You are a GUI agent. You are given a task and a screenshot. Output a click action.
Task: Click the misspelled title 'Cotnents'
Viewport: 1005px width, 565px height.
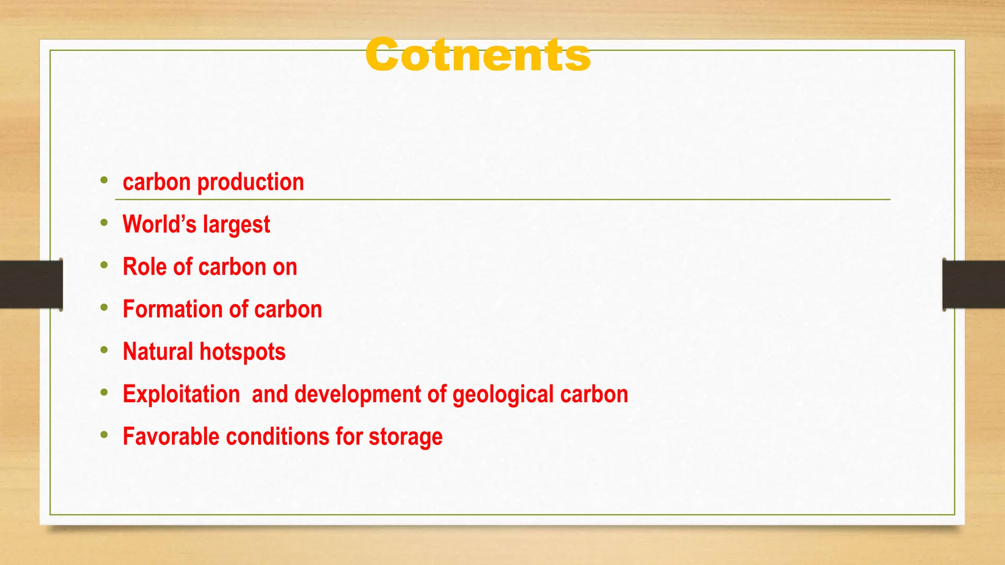[x=478, y=55]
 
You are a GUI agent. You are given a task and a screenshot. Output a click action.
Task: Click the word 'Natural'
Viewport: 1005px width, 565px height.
[x=158, y=352]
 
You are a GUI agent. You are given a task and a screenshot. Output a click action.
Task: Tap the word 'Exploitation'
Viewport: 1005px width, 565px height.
[x=181, y=394]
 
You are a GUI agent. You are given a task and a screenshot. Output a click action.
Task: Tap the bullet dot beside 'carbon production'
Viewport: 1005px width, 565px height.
[x=104, y=180]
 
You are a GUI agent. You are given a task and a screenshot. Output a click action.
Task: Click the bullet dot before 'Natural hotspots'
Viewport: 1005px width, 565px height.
[x=104, y=350]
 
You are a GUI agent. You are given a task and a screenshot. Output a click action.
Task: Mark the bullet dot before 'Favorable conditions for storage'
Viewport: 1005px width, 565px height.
[x=104, y=435]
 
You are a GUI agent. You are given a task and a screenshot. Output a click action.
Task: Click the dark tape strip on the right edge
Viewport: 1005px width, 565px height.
[x=974, y=284]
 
